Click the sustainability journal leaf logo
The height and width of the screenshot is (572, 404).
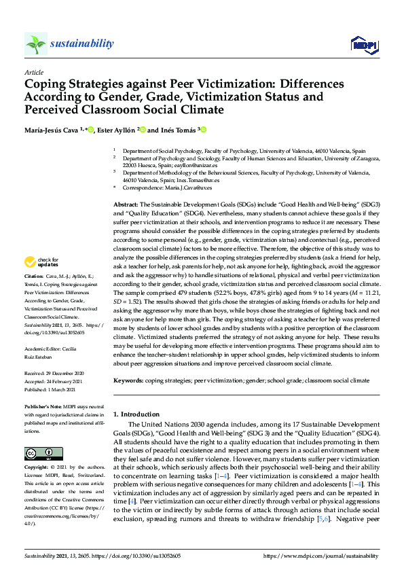[36, 43]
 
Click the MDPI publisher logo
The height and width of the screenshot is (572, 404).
[363, 45]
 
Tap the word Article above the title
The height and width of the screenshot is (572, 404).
[33, 72]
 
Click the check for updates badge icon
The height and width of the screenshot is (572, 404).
[31, 261]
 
